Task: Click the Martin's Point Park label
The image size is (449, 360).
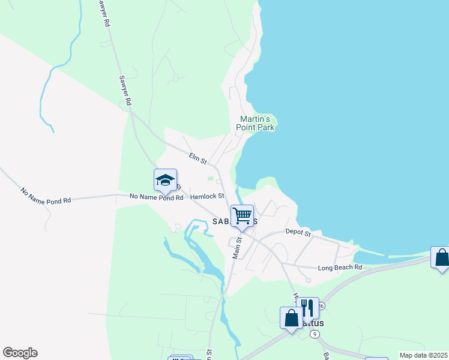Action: click(x=257, y=123)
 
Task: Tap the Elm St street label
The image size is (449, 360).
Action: click(x=197, y=159)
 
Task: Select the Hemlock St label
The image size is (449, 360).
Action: click(x=207, y=196)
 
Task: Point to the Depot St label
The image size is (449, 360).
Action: click(x=298, y=232)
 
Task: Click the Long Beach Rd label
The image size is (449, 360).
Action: click(x=340, y=267)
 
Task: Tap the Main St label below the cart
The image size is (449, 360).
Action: click(x=237, y=247)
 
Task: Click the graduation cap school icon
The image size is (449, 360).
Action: click(x=165, y=179)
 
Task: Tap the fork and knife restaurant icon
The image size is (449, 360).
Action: click(x=307, y=308)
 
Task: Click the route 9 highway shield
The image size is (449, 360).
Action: click(x=315, y=334)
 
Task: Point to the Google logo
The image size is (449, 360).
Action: click(x=20, y=353)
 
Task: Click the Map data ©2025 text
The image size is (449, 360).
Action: click(x=423, y=355)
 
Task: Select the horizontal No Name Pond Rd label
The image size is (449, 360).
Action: click(x=156, y=197)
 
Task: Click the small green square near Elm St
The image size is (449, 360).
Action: click(x=209, y=178)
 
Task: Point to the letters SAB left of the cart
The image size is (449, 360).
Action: click(x=221, y=221)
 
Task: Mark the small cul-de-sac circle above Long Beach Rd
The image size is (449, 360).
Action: click(x=307, y=280)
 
